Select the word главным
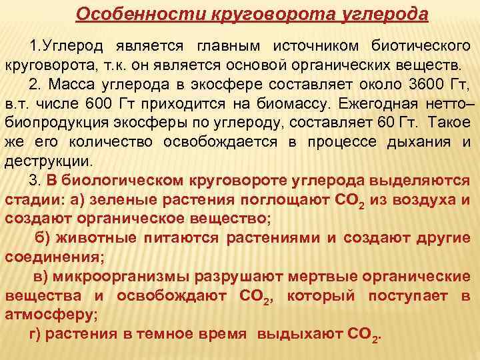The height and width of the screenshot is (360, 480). (229, 49)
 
